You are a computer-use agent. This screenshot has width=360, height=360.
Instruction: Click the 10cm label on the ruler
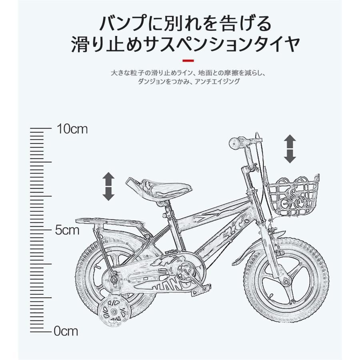72,129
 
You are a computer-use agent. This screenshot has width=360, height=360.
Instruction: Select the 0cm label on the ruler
66,331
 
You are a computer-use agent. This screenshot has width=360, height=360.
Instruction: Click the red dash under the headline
188,60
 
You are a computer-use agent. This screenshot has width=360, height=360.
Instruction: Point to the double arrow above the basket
290,149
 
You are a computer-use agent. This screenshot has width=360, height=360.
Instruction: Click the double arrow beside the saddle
108,186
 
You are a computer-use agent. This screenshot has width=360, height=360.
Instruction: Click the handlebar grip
236,142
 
